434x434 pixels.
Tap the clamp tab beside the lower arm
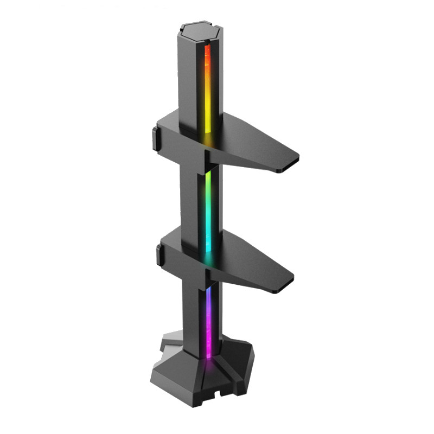coord(161,255)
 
